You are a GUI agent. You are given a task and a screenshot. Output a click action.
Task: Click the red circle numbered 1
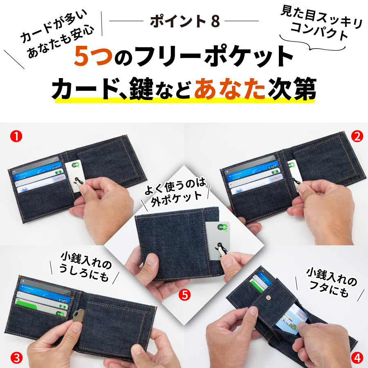(x=16, y=137)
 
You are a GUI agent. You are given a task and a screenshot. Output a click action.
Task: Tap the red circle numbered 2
(x=357, y=137)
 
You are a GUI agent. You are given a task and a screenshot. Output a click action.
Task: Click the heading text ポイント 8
(x=184, y=21)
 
